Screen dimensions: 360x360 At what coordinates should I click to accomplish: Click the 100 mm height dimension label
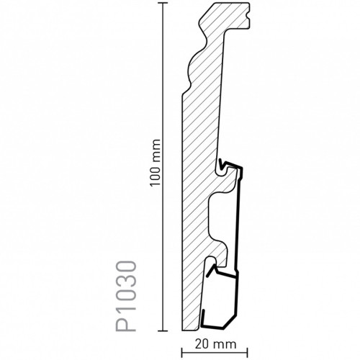(155, 163)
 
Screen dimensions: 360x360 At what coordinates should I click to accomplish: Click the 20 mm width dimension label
(215, 344)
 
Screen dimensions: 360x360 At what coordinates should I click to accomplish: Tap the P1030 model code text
(126, 297)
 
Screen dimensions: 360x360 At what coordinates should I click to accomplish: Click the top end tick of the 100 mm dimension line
(163, 3)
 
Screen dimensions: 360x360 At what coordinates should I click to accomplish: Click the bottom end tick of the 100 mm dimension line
(163, 331)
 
